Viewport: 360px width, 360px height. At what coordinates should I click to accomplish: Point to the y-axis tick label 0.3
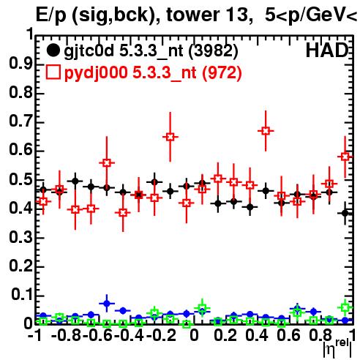point(21,237)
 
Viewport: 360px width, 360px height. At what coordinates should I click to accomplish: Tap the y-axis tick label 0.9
point(21,64)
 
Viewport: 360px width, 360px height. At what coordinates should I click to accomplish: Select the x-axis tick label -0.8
point(67,335)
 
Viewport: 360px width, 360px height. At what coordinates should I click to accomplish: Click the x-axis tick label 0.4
point(257,335)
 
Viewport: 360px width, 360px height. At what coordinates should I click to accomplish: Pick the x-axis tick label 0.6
point(288,335)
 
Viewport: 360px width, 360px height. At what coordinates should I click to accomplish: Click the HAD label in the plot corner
point(327,50)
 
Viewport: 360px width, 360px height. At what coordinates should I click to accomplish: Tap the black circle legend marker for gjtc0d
point(53,50)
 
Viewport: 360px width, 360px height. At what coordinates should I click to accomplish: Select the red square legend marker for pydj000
point(53,72)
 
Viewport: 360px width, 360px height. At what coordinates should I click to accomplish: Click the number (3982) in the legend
point(213,51)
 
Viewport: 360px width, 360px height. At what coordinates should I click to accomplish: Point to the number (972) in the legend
point(222,73)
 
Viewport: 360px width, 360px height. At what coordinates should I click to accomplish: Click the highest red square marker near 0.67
point(266,131)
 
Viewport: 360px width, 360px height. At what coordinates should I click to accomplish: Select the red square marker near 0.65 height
point(170,137)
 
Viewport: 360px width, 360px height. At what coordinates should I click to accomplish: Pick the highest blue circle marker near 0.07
point(107,304)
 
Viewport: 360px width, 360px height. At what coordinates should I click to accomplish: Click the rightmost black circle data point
point(345,213)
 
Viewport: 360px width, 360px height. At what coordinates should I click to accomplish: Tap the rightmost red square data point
point(345,157)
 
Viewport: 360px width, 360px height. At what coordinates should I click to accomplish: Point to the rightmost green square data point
point(345,307)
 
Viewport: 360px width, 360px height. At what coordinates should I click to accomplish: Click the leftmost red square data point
point(43,201)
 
